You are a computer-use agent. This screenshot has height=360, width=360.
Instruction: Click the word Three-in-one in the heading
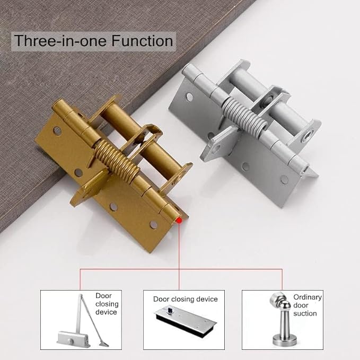[x=61, y=41]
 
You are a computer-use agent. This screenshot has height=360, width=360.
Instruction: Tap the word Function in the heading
[x=142, y=41]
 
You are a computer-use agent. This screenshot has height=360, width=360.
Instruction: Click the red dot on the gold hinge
[x=179, y=221]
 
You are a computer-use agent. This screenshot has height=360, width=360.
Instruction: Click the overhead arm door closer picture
[x=82, y=321]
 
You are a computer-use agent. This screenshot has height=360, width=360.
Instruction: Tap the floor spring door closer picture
[x=185, y=321]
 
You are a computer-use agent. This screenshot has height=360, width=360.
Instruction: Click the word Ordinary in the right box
[x=308, y=297]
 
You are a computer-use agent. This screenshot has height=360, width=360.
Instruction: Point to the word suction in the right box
[x=305, y=313]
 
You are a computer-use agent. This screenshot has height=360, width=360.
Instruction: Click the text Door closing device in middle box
[x=185, y=299]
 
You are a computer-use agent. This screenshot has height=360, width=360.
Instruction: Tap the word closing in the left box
[x=107, y=304]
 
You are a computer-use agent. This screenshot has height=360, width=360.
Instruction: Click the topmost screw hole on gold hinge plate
[x=57, y=131]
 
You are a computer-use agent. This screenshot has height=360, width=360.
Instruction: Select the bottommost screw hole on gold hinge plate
[x=154, y=225]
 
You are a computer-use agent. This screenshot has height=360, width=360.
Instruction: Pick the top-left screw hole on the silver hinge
[x=190, y=98]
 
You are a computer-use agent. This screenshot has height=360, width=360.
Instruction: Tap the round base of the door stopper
[x=284, y=341]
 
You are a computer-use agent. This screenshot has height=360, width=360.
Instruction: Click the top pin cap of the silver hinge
[x=188, y=68]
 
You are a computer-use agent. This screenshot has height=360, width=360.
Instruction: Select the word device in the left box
[x=106, y=312]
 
